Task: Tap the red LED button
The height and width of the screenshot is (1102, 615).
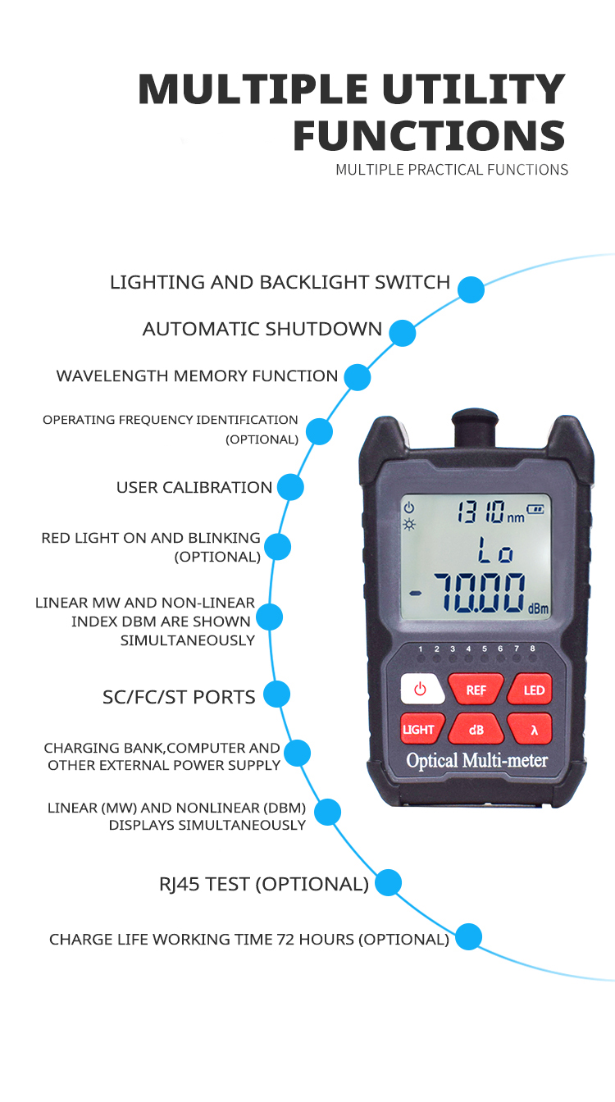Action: click(533, 690)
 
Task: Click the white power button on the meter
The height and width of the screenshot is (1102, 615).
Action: click(421, 689)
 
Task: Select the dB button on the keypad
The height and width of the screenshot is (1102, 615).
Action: click(476, 729)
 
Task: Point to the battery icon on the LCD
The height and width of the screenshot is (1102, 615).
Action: click(535, 508)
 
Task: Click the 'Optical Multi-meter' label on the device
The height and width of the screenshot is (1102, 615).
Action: click(476, 761)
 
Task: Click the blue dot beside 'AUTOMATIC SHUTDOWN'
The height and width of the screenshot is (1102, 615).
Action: click(402, 332)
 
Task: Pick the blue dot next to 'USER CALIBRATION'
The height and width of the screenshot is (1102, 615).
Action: click(290, 487)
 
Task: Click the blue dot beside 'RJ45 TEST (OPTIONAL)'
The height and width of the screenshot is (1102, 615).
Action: click(388, 883)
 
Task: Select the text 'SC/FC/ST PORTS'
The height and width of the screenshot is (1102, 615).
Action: click(179, 697)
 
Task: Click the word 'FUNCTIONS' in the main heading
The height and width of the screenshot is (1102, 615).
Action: click(429, 135)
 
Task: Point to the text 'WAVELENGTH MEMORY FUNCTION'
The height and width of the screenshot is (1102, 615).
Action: click(197, 376)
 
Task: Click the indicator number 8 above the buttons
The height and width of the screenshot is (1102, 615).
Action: click(532, 649)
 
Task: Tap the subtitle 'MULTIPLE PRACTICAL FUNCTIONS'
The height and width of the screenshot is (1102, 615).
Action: click(451, 170)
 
